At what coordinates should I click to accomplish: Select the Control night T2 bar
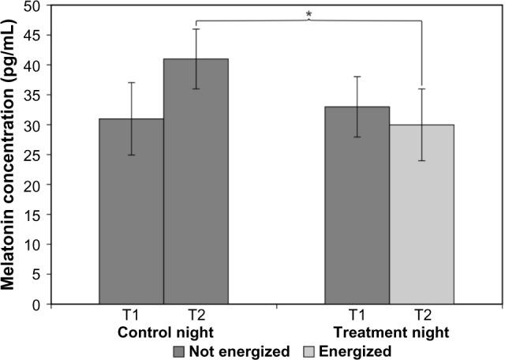point(196,181)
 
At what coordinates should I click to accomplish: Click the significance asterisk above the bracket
point(307,13)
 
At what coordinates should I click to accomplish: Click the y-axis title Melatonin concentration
point(11,154)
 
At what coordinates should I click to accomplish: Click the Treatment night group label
point(390,331)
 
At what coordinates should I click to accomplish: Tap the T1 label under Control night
point(131,317)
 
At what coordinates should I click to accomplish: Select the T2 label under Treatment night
point(422,317)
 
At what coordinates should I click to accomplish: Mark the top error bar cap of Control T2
point(196,29)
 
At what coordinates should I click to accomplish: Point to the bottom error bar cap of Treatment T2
point(422,161)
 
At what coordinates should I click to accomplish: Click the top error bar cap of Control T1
point(131,83)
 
